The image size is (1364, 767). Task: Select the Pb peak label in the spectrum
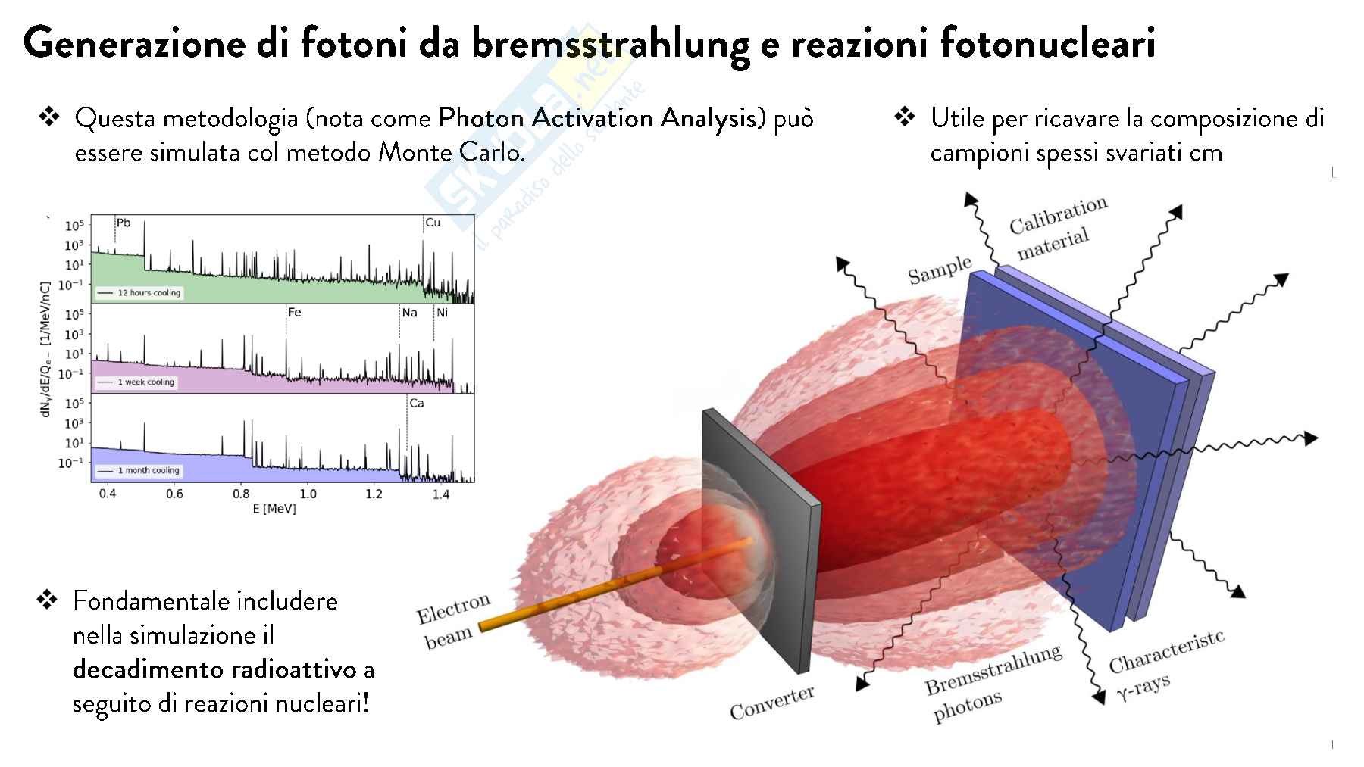pos(123,223)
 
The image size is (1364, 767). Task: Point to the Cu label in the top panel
pos(433,223)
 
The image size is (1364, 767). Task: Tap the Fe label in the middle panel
pos(295,312)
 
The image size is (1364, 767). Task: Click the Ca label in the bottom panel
pos(416,403)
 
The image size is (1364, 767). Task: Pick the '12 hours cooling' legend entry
pos(139,292)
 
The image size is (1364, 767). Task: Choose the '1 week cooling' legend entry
pos(136,382)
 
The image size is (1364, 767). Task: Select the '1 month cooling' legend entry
pos(138,470)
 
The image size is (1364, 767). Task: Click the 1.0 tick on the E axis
pos(308,494)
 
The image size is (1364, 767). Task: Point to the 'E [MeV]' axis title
pos(274,509)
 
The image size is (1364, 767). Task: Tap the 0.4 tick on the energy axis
pos(108,494)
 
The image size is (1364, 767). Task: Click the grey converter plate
pos(761,541)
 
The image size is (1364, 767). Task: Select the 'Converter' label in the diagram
pos(772,702)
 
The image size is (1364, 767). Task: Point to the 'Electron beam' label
pos(453,622)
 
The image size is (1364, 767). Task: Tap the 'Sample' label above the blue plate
pos(940,270)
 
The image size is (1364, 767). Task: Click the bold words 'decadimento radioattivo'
pos(214,669)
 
